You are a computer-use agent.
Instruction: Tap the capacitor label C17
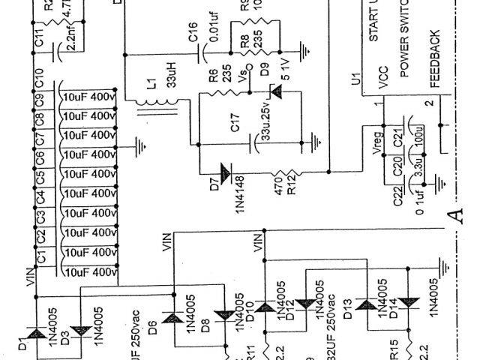coord(235,127)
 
